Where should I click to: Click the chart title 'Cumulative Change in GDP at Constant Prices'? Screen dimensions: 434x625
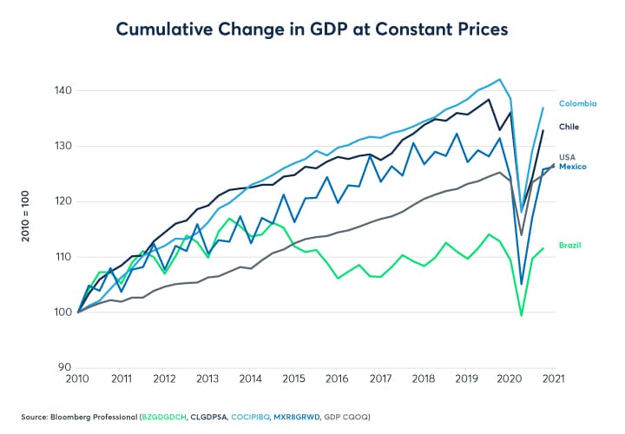tap(312, 30)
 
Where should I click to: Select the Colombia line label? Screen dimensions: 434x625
tap(577, 103)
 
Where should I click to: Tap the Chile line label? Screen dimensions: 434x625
tap(569, 127)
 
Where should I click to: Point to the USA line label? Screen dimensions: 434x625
tap(568, 157)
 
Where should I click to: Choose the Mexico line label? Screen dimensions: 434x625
tap(573, 167)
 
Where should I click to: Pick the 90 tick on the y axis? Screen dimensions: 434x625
tap(63, 367)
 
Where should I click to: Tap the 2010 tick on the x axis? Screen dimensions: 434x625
tap(78, 378)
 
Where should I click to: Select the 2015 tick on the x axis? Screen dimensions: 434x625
tap(294, 378)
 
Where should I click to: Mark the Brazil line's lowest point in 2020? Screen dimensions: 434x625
tap(523, 315)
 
